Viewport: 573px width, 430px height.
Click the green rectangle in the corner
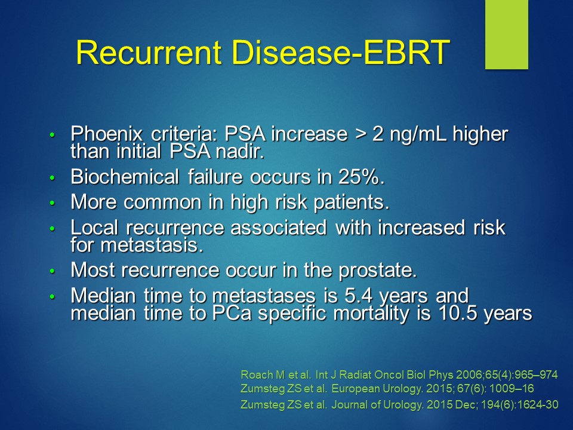click(x=507, y=35)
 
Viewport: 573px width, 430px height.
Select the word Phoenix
click(x=106, y=134)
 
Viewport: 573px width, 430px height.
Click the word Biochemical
click(x=125, y=177)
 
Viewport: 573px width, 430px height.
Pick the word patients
click(x=351, y=203)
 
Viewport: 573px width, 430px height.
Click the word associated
click(x=279, y=228)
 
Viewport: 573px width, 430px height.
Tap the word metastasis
click(x=152, y=245)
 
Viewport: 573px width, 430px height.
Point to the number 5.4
click(x=359, y=296)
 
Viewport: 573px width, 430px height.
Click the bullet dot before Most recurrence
click(x=52, y=271)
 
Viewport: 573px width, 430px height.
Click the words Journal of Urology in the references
click(x=377, y=405)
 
